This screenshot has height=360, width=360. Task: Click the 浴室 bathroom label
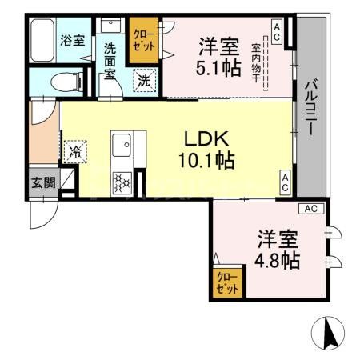[x=73, y=41]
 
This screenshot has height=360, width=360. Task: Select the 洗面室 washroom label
[x=110, y=62]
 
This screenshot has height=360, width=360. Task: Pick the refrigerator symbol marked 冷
[x=76, y=150]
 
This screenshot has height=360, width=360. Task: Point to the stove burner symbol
[x=122, y=183]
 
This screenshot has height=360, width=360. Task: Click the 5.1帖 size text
[x=218, y=68]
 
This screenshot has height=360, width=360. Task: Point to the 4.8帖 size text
[x=278, y=260]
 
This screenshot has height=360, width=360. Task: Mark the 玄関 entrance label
[x=44, y=182]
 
